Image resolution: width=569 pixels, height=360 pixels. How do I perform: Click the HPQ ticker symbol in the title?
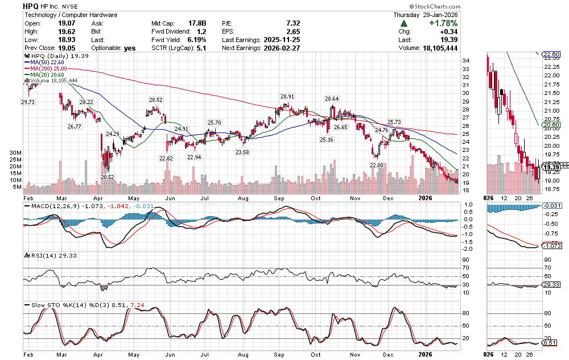pyautogui.click(x=31, y=5)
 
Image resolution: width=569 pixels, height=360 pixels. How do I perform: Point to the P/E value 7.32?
pyautogui.click(x=294, y=23)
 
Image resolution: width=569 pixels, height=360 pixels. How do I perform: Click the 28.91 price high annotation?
pyautogui.click(x=287, y=97)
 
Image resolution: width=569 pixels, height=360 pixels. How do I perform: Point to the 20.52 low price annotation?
pyautogui.click(x=108, y=177)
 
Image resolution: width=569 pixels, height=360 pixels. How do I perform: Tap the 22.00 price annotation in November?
pyautogui.click(x=376, y=165)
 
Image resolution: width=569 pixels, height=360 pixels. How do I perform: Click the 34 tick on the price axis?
pyautogui.click(x=465, y=60)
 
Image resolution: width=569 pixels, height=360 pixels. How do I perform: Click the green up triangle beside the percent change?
pyautogui.click(x=403, y=23)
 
